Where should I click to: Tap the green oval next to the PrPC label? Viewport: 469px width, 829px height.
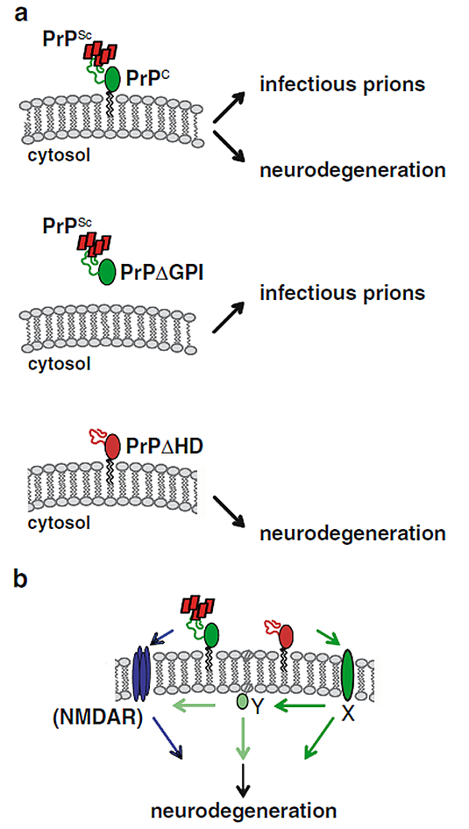pos(113,79)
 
